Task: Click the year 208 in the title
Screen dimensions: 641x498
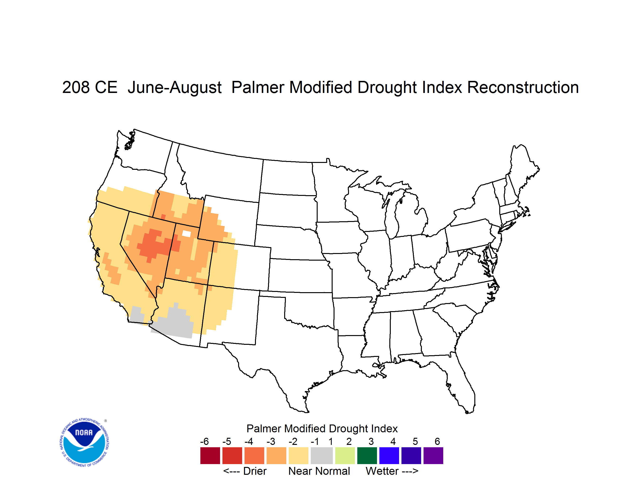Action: pos(76,87)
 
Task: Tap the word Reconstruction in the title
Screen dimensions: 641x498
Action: pos(523,87)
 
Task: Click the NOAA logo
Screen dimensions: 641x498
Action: pos(84,443)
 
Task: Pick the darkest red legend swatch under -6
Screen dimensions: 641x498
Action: pos(210,456)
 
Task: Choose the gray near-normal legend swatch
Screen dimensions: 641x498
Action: pos(322,456)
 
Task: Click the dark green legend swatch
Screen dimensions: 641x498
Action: pos(367,456)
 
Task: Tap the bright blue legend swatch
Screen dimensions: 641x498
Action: pos(389,456)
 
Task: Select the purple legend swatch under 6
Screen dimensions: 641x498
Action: pos(433,456)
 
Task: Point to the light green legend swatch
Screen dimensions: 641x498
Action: pos(345,456)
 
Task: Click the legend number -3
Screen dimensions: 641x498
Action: pos(271,441)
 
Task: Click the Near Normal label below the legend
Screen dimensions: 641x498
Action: pos(319,471)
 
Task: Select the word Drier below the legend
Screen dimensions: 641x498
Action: pos(255,471)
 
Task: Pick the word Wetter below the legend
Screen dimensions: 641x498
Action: pos(382,471)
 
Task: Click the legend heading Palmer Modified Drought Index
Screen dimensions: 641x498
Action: pos(322,429)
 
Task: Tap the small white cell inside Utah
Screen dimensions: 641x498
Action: pos(186,234)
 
